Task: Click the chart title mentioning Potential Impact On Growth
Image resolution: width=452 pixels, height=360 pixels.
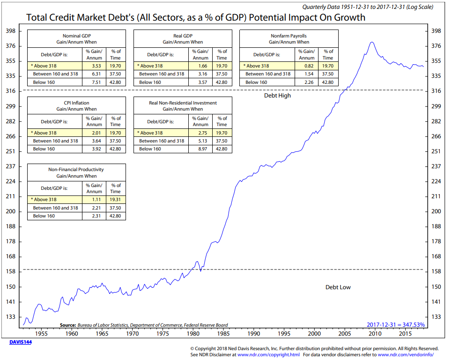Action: coord(195,17)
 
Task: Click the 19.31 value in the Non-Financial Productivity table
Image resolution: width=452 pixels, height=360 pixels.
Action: coord(115,200)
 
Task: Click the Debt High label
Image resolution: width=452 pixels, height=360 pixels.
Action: coord(278,96)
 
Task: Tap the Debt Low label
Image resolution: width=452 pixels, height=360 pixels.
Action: coord(338,287)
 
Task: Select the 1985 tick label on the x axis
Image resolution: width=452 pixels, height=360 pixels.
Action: coord(223,334)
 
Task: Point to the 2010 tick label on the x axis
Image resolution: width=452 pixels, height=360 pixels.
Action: coord(375,334)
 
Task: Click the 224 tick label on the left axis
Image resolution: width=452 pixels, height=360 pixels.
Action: coord(10,181)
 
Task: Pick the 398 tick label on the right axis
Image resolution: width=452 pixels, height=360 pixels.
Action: coord(436,31)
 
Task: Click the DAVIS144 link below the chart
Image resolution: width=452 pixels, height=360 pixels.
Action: coord(21,342)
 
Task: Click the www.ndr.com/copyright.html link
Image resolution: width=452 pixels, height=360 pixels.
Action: coord(268,354)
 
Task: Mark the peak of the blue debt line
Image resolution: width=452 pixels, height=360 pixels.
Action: coord(372,42)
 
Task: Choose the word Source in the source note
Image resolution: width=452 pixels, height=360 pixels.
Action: coord(67,325)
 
